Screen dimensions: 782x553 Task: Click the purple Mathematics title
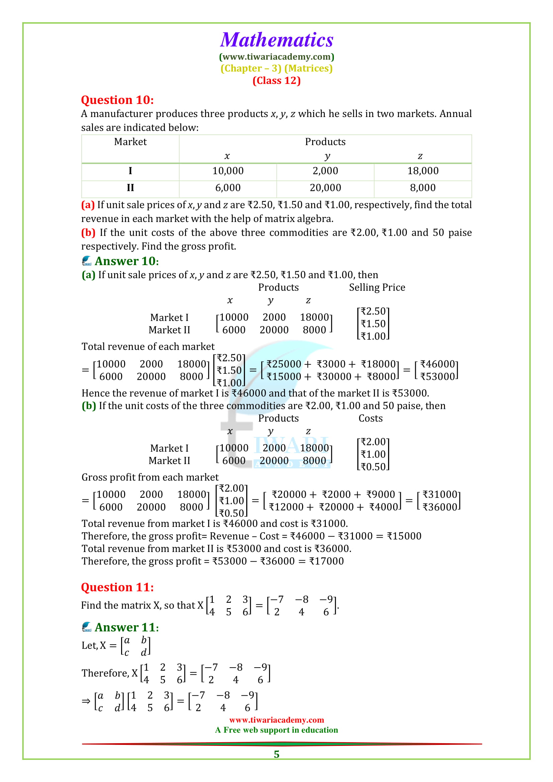click(276, 40)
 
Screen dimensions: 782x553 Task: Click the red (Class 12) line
click(276, 81)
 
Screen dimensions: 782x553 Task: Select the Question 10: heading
click(117, 100)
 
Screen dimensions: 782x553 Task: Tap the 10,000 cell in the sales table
click(227, 171)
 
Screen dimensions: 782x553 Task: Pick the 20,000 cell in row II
click(325, 188)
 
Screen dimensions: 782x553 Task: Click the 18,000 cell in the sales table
click(423, 171)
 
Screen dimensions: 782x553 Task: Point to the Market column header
click(130, 142)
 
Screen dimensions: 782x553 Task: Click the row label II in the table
click(130, 188)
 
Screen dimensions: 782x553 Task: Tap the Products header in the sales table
click(325, 142)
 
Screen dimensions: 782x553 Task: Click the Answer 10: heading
click(126, 261)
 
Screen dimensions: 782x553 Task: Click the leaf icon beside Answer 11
click(87, 627)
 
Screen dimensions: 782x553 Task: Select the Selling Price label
click(377, 287)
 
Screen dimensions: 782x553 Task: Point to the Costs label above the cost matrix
click(370, 418)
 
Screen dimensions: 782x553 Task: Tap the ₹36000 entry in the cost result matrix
click(440, 507)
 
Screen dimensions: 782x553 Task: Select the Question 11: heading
click(117, 587)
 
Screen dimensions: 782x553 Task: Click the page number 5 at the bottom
click(276, 754)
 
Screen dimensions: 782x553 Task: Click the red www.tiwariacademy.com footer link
click(276, 720)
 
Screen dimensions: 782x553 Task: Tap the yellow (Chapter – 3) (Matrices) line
click(276, 69)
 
